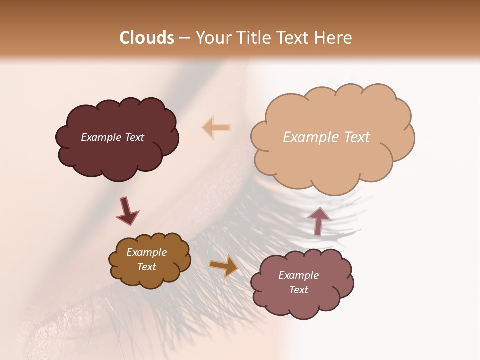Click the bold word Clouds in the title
[147, 38]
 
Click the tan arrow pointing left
[216, 127]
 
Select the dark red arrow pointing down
[127, 211]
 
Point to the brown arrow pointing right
[224, 266]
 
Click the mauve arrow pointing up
[319, 221]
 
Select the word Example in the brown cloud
[146, 252]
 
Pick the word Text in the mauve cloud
[298, 290]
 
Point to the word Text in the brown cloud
[146, 267]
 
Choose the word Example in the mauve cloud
[298, 275]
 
